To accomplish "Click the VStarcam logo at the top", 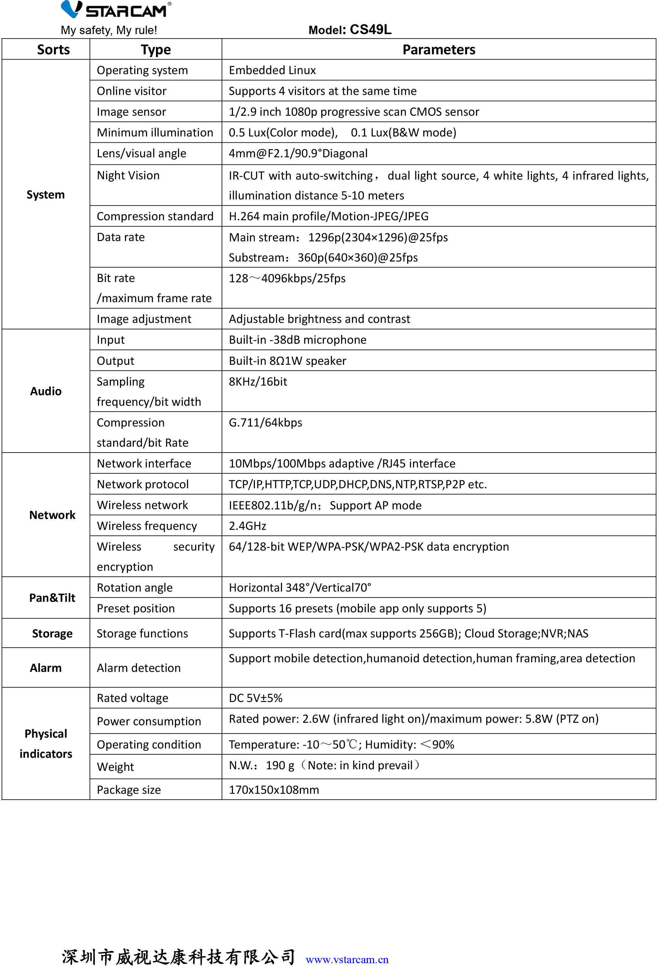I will tap(116, 10).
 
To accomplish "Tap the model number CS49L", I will tap(370, 30).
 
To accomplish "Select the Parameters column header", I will tap(438, 50).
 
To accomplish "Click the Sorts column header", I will tap(53, 50).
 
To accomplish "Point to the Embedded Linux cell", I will tap(272, 70).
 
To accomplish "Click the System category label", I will tap(46, 195).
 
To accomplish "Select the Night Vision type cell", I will tap(128, 175).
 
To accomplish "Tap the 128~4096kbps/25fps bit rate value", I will tap(287, 278).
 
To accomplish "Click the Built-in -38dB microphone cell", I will tap(297, 340).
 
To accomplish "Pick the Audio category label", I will tap(46, 391).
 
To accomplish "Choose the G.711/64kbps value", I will tap(265, 423).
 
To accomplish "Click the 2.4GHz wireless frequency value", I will tap(247, 526).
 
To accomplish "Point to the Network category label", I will tap(52, 515).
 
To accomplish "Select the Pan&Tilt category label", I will tap(52, 598).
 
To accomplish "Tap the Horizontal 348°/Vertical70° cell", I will tap(300, 588).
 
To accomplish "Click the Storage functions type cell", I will tap(142, 634).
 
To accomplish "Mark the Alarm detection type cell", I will tap(139, 668).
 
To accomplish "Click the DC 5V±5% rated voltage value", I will tap(256, 698).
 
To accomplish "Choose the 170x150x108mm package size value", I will tap(274, 790).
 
